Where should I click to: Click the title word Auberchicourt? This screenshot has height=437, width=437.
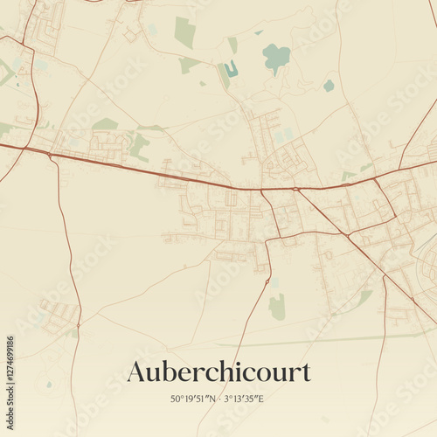218,371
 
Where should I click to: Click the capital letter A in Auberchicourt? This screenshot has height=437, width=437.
137,371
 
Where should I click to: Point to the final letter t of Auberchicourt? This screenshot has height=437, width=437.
306,372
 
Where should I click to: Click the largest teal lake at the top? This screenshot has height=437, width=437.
276,58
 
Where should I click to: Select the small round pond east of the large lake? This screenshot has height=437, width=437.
329,85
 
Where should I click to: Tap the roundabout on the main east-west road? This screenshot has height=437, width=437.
295,188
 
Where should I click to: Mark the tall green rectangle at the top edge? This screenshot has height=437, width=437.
184,32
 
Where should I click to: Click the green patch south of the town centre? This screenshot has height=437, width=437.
277,307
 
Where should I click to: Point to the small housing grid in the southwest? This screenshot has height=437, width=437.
58,314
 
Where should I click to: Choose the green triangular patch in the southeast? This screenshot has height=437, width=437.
364,298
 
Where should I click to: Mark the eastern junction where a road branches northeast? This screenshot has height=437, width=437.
376,178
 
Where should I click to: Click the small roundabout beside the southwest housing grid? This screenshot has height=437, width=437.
74,330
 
